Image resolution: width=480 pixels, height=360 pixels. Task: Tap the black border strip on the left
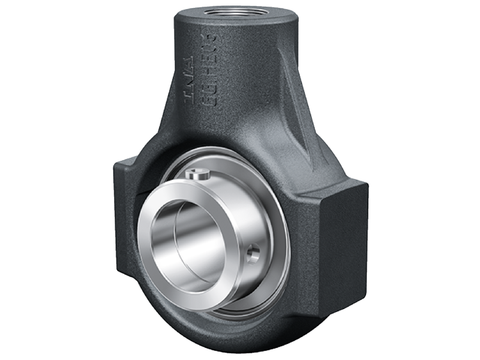point(24,180)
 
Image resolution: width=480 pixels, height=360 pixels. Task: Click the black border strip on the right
point(456,180)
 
